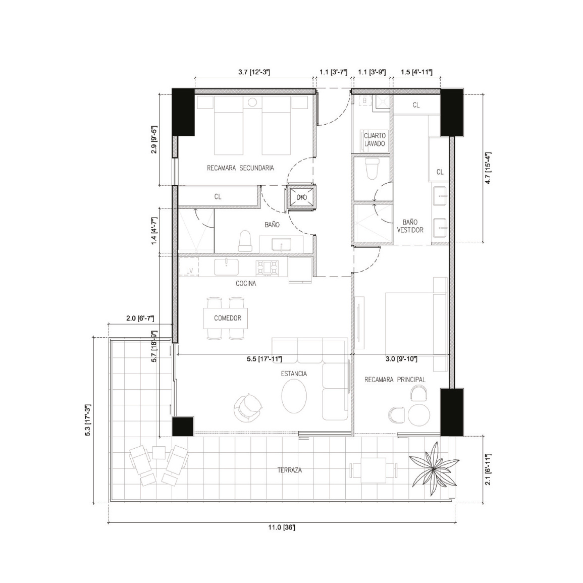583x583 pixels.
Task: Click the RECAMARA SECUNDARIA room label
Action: pos(240,168)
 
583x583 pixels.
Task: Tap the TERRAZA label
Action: pos(290,470)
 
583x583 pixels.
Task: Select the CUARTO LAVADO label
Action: pos(375,139)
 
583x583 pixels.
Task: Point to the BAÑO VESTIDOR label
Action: pos(410,226)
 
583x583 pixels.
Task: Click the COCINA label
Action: pos(246,284)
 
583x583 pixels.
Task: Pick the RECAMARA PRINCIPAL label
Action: pos(395,380)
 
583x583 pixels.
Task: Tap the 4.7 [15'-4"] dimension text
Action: pos(488,168)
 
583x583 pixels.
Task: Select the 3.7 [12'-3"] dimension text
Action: pos(254,73)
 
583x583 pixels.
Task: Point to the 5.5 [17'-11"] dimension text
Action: pos(264,359)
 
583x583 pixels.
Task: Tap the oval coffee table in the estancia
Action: pos(294,397)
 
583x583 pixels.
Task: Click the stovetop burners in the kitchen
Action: pos(267,268)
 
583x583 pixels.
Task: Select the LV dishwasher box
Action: pos(189,267)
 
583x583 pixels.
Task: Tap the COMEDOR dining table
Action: pos(226,319)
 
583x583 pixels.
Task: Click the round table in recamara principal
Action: pos(418,414)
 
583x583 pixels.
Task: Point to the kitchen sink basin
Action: pos(226,267)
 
